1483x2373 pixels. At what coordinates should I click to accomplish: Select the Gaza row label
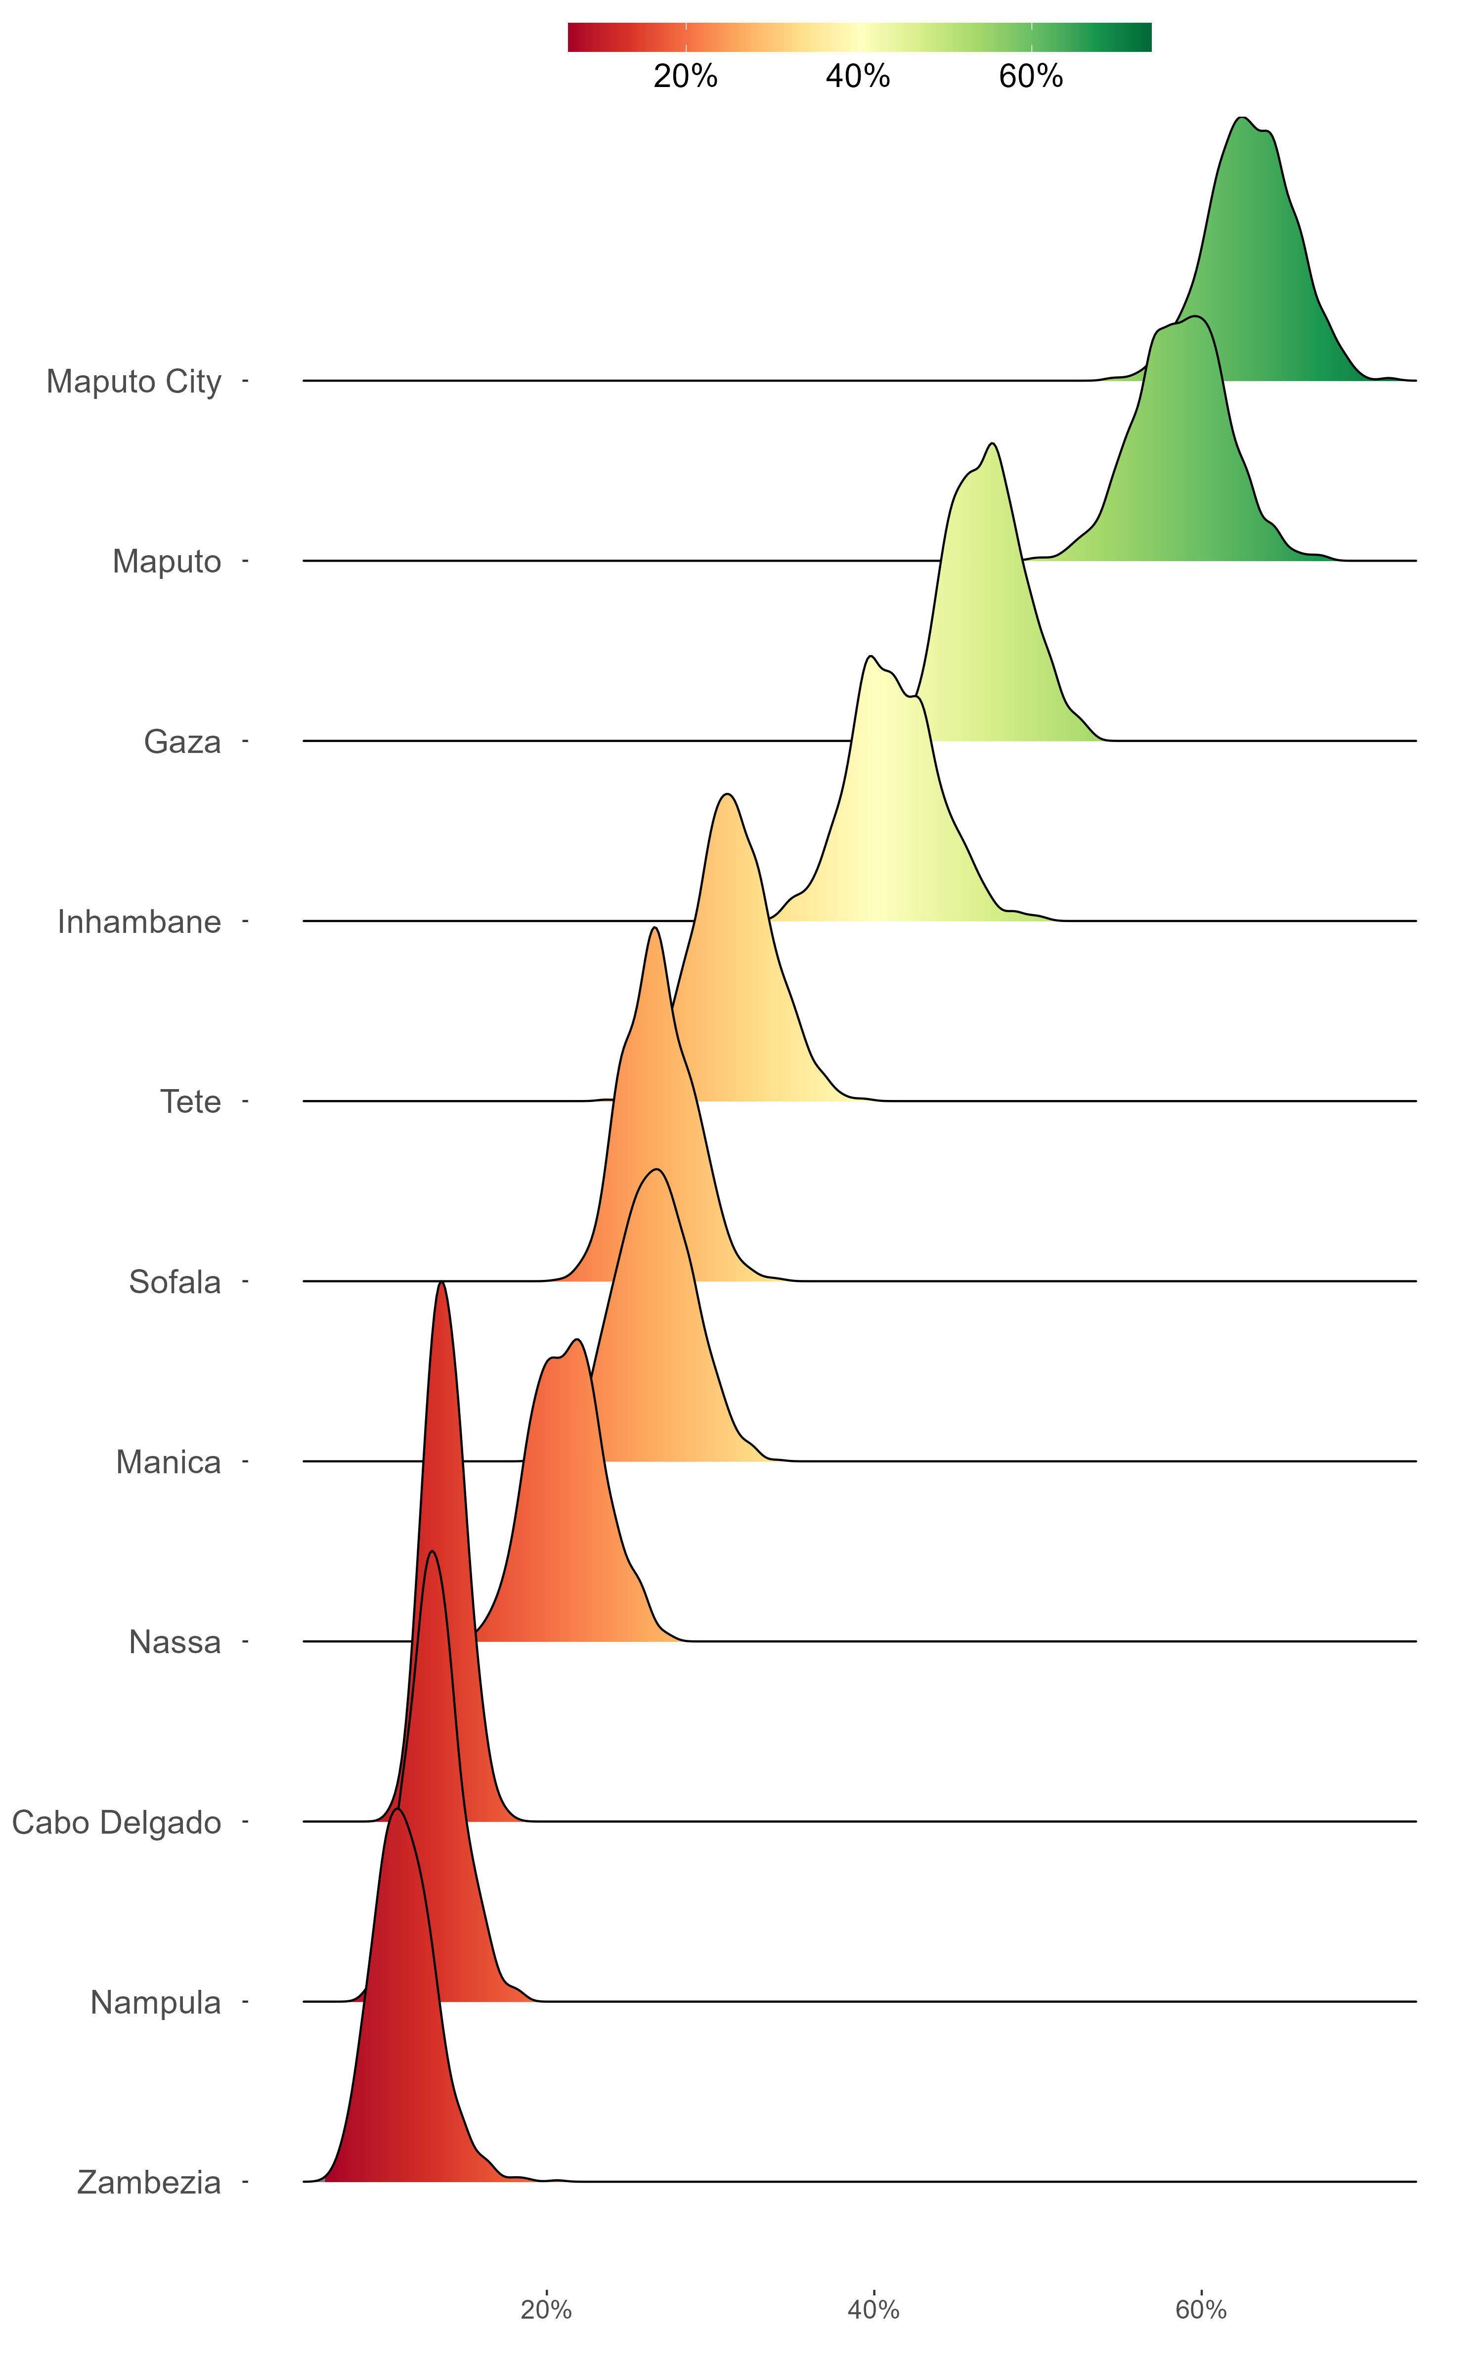tap(182, 742)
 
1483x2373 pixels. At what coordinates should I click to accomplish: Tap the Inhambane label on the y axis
tap(139, 922)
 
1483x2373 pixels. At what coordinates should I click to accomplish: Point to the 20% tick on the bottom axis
tap(546, 2310)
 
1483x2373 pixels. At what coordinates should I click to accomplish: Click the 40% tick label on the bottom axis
tap(873, 2310)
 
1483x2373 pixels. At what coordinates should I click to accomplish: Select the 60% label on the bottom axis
tap(1201, 2310)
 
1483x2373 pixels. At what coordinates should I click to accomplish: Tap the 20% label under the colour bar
tap(686, 77)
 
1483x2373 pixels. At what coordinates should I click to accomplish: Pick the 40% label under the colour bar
tap(858, 77)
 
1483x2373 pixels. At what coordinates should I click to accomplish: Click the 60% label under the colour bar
tap(1031, 77)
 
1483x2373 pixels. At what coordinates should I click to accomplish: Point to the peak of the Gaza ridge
tap(993, 444)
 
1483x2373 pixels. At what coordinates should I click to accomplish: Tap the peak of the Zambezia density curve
tap(396, 1809)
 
